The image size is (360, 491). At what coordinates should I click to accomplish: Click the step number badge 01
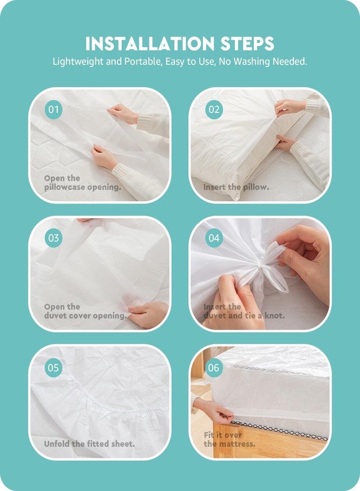(53, 110)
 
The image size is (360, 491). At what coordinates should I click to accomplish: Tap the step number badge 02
(214, 110)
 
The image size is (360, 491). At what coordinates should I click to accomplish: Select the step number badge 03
(53, 238)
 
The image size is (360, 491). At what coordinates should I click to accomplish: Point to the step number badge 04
(214, 238)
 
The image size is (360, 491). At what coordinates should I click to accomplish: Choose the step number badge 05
(53, 368)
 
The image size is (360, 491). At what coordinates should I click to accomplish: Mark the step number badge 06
(214, 368)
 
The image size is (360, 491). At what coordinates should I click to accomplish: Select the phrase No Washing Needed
(263, 61)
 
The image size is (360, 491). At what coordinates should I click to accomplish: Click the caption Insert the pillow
(236, 187)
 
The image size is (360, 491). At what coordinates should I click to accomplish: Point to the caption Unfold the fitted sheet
(89, 444)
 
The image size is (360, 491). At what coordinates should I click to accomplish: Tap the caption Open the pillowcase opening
(82, 183)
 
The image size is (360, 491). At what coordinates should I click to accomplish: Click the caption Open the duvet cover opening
(85, 312)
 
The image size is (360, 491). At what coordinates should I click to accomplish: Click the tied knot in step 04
(268, 266)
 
